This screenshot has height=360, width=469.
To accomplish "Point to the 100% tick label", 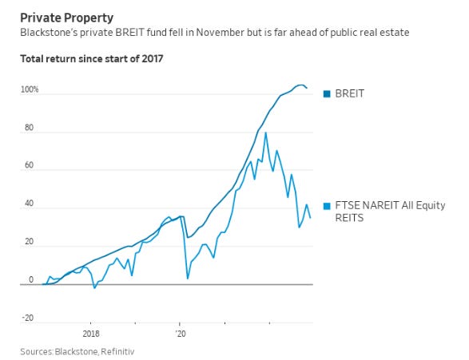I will pos(29,90).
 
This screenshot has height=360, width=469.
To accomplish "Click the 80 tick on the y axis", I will pos(30,128).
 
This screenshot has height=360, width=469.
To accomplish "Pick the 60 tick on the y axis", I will pos(30,167).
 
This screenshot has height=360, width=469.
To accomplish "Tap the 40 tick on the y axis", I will pos(30,204).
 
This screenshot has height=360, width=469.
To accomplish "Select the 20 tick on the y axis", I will pos(30,242).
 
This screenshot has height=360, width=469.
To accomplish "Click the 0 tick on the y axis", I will pos(32,280).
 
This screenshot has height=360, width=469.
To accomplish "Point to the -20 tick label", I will pos(28,318).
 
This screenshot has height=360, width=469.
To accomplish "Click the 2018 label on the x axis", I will pos(90,334).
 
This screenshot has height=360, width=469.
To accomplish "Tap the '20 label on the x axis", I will pos(180,334).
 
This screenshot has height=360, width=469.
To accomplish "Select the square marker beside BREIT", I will pos(327,94).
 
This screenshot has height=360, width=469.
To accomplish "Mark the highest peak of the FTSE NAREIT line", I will pos(265,133).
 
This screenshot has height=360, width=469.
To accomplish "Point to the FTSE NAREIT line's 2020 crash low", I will pos(188,278).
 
